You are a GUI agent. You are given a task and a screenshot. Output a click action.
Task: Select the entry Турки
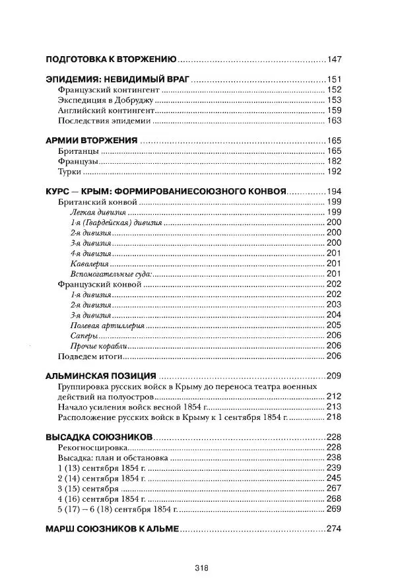click(x=70, y=172)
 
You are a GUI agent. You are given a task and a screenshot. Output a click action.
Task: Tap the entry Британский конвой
click(x=98, y=201)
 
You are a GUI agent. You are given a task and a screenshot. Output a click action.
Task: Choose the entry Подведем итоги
click(x=91, y=356)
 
